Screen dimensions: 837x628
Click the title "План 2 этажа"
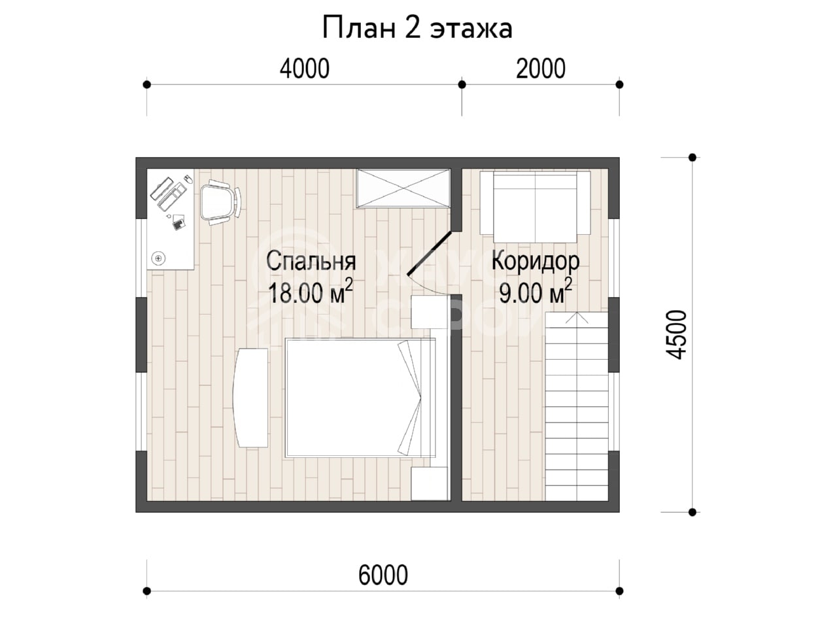click(x=417, y=29)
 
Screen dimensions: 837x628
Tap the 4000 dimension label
click(x=304, y=69)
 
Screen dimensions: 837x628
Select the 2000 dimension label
click(x=540, y=69)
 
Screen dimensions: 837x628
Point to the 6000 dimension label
click(x=383, y=575)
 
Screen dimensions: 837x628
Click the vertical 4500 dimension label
click(x=676, y=334)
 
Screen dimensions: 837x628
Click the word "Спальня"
click(x=311, y=262)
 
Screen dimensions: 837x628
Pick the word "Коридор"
click(x=536, y=262)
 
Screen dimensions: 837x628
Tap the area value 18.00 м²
click(x=311, y=292)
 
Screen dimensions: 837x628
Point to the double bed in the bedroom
click(x=360, y=397)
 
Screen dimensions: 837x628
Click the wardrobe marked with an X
click(x=403, y=188)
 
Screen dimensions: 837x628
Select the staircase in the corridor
click(x=577, y=406)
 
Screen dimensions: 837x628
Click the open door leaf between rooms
click(x=430, y=253)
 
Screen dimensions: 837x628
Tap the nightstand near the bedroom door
click(x=428, y=312)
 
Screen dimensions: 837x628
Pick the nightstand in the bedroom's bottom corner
click(x=430, y=483)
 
